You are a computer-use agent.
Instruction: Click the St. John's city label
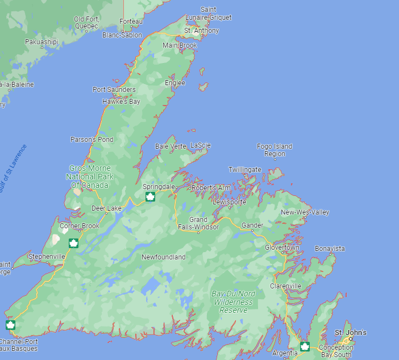pos(350,332)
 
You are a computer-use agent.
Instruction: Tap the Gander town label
pos(252,225)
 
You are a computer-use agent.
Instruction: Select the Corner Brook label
pos(80,226)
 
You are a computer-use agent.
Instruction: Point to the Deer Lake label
pos(107,208)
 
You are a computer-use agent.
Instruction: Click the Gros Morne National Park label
pos(90,177)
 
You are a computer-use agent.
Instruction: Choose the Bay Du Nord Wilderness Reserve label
pos(234,302)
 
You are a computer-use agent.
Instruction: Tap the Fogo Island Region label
pos(275,150)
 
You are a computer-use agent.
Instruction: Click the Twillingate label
pos(245,170)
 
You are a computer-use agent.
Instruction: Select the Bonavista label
pos(330,249)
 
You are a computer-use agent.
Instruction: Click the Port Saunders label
pos(114,90)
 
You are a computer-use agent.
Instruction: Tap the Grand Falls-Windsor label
pos(198,223)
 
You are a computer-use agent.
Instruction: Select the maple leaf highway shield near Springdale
pos(151,197)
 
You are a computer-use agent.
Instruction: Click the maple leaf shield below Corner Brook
pos(73,244)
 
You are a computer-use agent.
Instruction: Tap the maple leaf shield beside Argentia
pos(305,346)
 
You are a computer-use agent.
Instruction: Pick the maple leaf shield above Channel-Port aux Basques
pos(10,325)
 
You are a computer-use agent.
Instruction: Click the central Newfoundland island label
pos(164,257)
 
